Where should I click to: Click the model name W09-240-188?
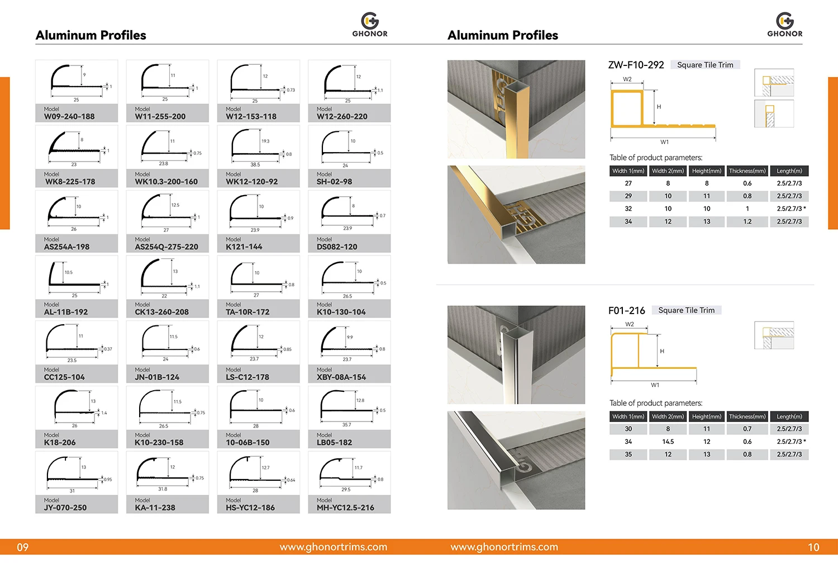click(x=69, y=117)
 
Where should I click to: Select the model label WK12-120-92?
click(x=251, y=182)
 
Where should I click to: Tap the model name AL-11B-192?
click(x=66, y=312)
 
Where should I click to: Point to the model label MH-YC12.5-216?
click(x=345, y=508)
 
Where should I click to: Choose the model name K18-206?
click(x=60, y=442)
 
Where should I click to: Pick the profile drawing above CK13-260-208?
click(x=167, y=277)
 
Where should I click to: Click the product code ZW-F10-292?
click(x=636, y=65)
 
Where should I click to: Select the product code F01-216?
click(x=626, y=310)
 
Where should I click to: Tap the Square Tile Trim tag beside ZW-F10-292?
click(x=705, y=65)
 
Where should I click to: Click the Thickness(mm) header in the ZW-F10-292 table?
click(x=747, y=171)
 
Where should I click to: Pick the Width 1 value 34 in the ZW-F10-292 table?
click(x=628, y=221)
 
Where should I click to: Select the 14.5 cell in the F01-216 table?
click(x=668, y=442)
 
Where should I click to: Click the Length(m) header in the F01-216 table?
click(x=789, y=416)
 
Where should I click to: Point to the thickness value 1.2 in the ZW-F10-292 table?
click(x=747, y=221)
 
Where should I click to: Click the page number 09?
click(x=22, y=547)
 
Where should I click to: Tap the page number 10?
click(x=813, y=547)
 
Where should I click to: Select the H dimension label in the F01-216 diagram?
click(x=662, y=351)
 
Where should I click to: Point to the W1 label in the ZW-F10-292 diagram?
click(x=664, y=142)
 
